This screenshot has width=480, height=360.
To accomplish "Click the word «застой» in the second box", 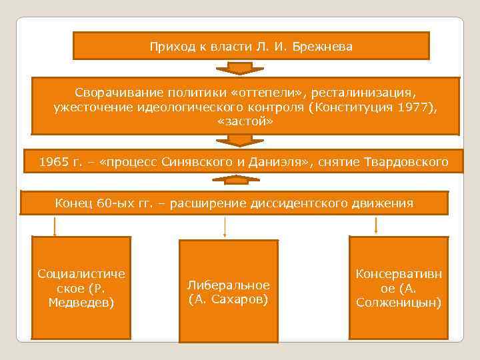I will (245, 123).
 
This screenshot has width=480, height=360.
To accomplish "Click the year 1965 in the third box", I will (53, 162).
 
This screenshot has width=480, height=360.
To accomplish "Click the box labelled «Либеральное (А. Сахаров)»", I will (228, 290).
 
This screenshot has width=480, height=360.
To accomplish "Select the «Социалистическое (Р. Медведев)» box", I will (81, 288).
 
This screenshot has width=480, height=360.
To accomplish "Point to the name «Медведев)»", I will (81, 303).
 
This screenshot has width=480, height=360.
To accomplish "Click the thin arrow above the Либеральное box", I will (225, 227).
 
